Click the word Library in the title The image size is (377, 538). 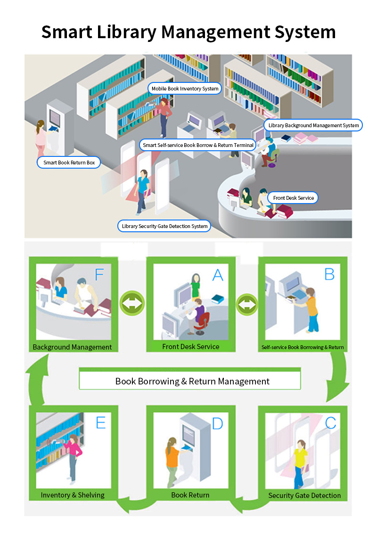point(126,33)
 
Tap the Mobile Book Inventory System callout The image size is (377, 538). point(185,89)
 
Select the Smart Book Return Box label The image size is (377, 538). point(69,163)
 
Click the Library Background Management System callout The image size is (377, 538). point(313,125)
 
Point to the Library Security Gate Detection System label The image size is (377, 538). point(164,226)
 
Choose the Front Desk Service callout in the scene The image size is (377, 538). point(293,198)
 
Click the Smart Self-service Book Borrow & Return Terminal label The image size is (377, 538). point(198,145)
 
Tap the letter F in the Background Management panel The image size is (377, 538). point(99,275)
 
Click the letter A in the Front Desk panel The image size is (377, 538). point(218,275)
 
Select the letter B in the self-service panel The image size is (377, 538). point(329,274)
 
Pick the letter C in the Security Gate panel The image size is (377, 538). point(330,423)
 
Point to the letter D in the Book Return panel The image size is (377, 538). point(218,424)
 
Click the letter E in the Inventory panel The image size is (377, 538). point(100,423)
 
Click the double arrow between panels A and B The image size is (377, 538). point(247,304)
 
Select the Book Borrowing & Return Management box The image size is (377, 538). point(190,379)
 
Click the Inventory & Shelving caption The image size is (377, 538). point(73,495)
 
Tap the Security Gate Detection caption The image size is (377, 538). point(304,496)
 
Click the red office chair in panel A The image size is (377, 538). point(202,323)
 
